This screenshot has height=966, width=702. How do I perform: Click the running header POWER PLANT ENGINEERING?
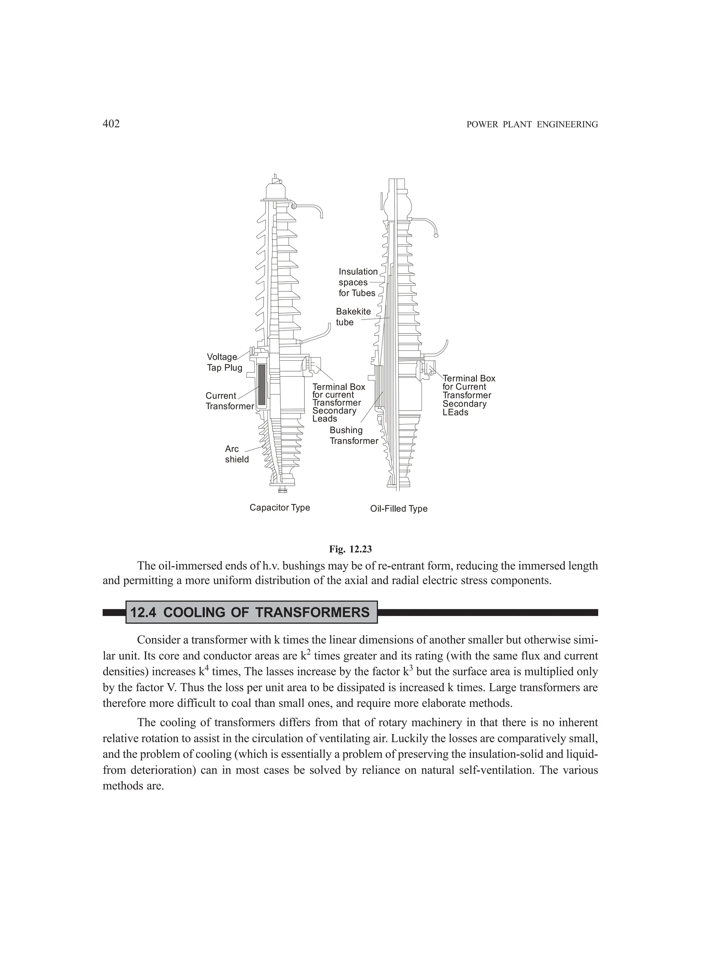[x=532, y=124]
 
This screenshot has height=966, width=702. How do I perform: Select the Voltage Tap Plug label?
[x=225, y=362]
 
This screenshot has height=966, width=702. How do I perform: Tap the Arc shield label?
[x=237, y=454]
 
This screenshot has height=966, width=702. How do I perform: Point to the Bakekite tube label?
[x=353, y=317]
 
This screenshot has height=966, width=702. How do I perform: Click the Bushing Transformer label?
[x=353, y=435]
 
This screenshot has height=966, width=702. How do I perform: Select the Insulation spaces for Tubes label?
[x=358, y=282]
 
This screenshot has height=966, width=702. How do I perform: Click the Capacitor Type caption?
[x=279, y=508]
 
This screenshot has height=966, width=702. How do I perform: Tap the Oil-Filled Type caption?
[x=399, y=509]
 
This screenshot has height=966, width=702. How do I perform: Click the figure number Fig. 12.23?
[x=350, y=549]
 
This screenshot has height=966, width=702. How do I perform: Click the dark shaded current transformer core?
[x=262, y=385]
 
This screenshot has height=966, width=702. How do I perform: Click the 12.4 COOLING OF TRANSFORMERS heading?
[x=250, y=613]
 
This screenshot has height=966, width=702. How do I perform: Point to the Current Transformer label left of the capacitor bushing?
[x=229, y=401]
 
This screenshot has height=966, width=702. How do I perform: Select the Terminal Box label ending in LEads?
[x=469, y=395]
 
